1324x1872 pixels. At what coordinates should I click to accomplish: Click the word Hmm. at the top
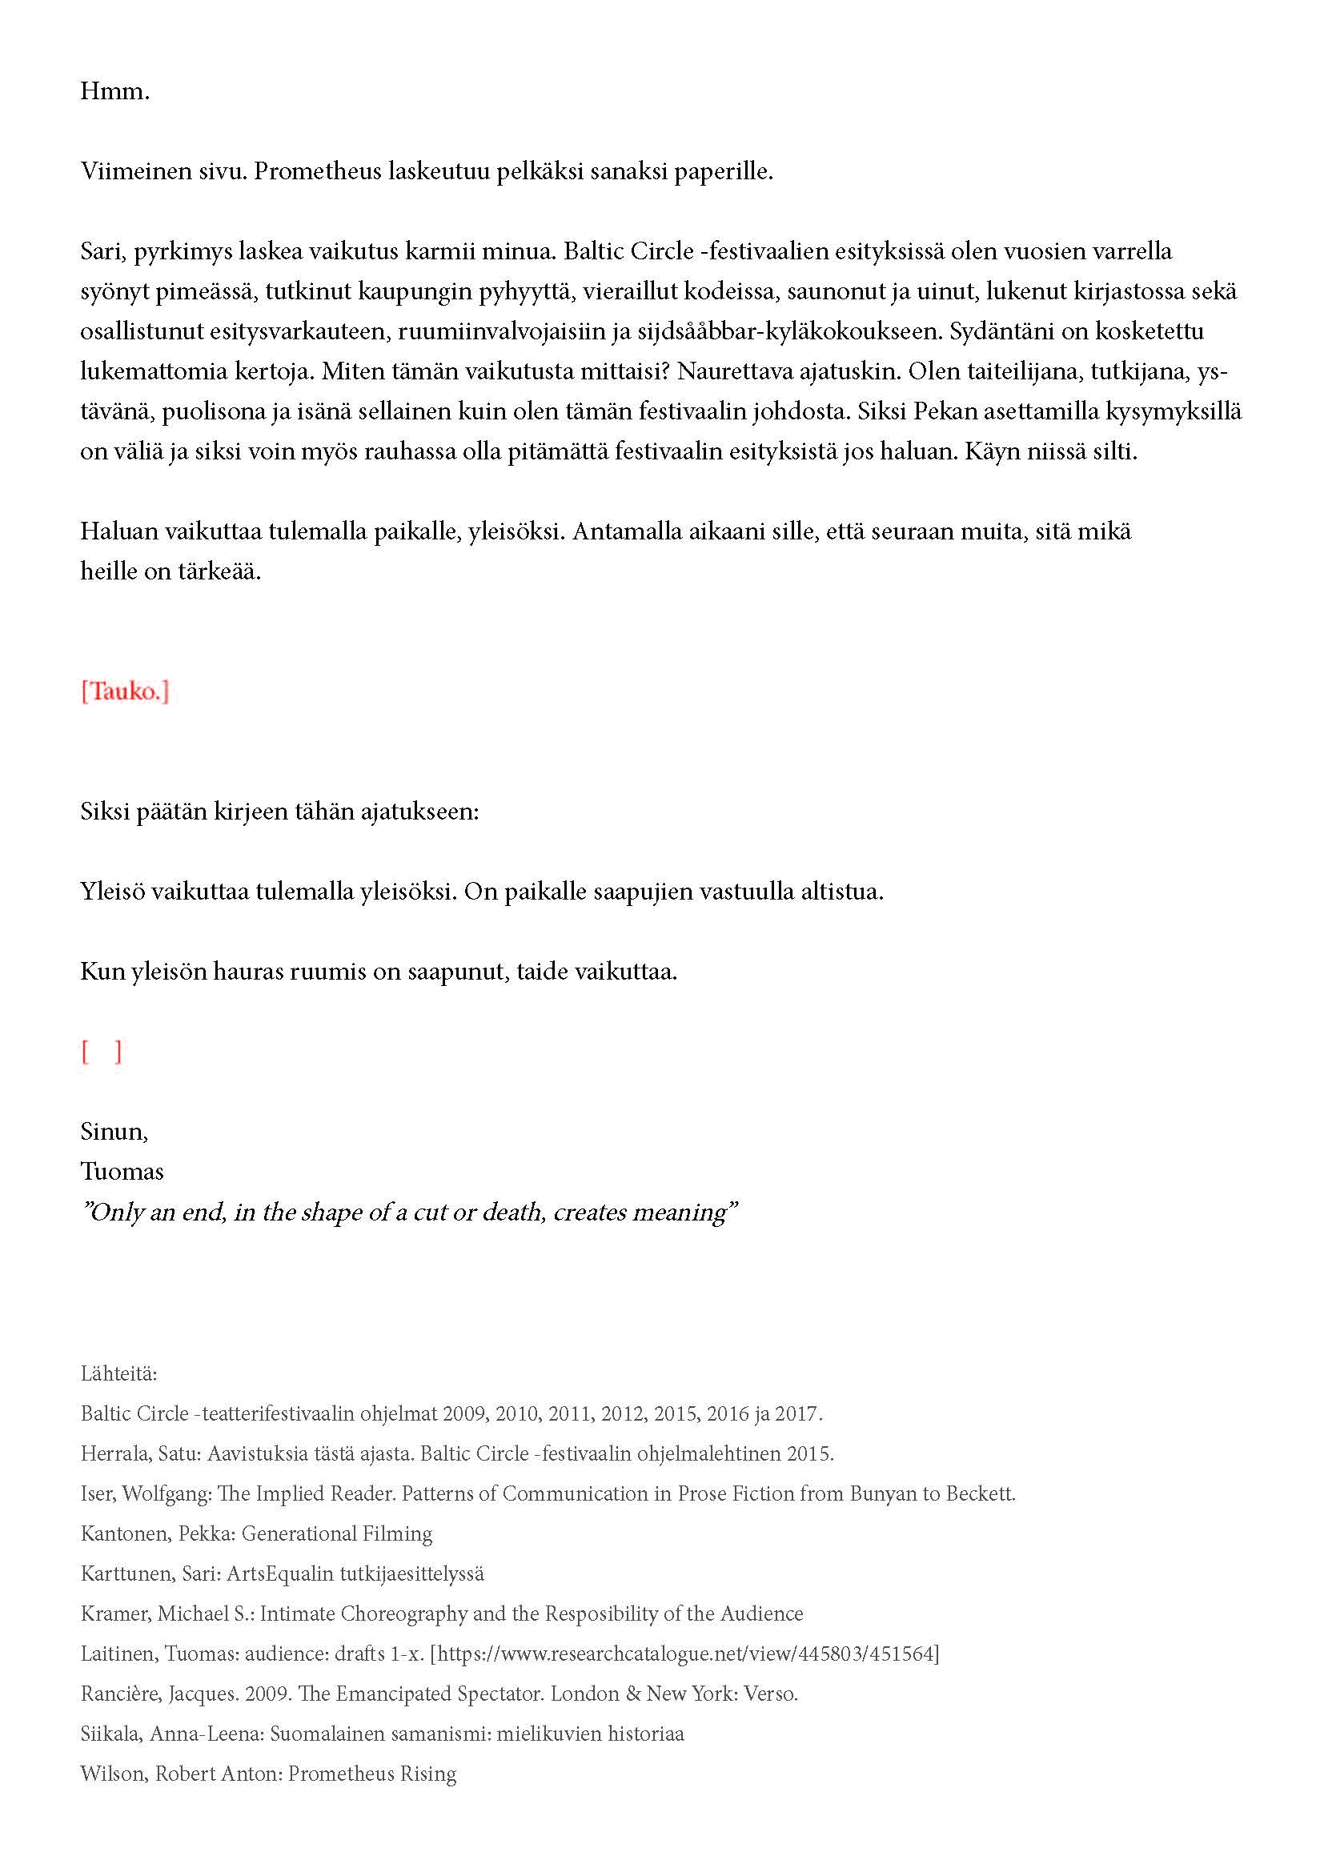pos(115,91)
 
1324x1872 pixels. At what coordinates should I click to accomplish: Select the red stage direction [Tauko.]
pos(125,691)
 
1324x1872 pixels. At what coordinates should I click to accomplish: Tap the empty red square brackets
pos(102,1052)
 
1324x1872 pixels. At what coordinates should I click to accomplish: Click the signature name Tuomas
pos(122,1172)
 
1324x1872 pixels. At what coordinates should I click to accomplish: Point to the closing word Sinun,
pos(114,1132)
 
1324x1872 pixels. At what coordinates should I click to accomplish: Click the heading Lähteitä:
pos(119,1374)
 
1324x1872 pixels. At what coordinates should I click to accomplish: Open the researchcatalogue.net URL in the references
pos(685,1654)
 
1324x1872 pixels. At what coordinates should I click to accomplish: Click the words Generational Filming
pos(337,1533)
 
